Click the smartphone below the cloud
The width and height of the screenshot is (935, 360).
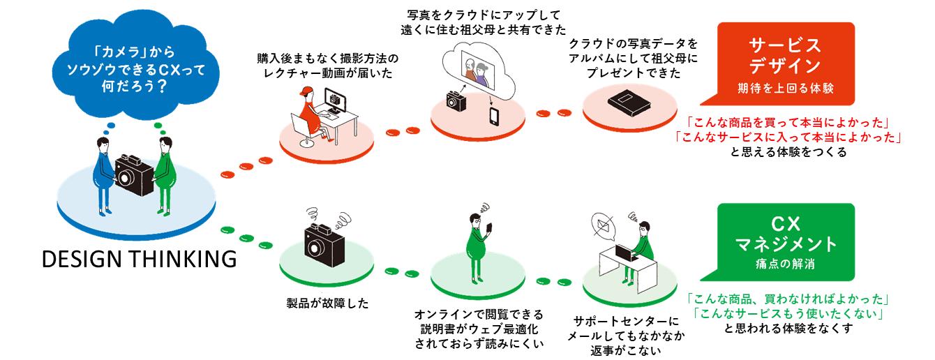494,114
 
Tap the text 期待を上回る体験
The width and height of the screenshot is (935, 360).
785,89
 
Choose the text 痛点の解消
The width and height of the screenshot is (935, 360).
785,264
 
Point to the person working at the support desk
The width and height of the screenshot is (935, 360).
643,244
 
